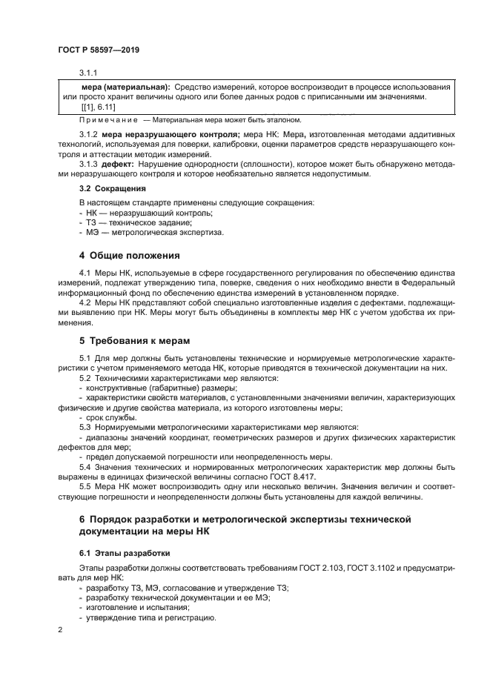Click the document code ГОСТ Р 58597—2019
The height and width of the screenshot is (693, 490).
pos(99,49)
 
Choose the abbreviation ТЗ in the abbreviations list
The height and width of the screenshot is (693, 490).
pos(93,222)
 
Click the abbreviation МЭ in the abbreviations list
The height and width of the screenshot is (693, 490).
pos(93,232)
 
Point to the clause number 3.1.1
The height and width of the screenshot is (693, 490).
pos(89,73)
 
